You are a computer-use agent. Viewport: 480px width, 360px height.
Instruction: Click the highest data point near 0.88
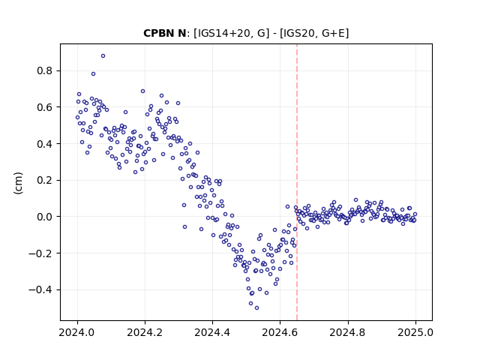coord(103,55)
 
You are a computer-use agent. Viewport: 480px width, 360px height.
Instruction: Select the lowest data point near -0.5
coord(256,307)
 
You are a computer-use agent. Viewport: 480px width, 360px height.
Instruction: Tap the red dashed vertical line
coord(297,182)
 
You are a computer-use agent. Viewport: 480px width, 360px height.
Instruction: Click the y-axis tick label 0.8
coord(45,70)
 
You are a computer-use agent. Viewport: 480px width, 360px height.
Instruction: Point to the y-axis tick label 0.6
coord(45,107)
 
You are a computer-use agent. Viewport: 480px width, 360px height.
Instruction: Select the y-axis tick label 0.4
coord(45,143)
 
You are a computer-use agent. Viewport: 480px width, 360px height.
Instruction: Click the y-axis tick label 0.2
coord(45,180)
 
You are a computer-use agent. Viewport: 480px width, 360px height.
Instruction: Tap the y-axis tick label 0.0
coord(45,217)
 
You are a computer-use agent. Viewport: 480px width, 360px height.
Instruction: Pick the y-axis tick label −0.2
coord(40,253)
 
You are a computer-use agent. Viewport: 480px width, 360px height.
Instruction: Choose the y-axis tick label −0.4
coord(40,289)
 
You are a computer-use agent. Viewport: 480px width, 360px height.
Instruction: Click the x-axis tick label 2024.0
coord(77,332)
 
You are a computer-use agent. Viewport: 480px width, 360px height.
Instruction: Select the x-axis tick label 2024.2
coord(145,332)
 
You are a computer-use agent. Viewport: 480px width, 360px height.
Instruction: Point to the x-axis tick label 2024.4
coord(212,332)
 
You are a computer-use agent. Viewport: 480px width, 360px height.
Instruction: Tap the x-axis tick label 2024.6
coord(280,332)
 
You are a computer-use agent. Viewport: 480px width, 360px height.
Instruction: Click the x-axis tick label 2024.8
coord(348,332)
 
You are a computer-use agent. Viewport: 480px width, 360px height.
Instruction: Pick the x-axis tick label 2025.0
coord(415,332)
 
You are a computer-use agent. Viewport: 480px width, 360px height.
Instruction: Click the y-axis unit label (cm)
coord(18,183)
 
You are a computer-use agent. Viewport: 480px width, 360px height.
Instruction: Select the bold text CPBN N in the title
coord(165,33)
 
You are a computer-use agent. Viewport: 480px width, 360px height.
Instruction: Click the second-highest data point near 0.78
coord(93,73)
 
